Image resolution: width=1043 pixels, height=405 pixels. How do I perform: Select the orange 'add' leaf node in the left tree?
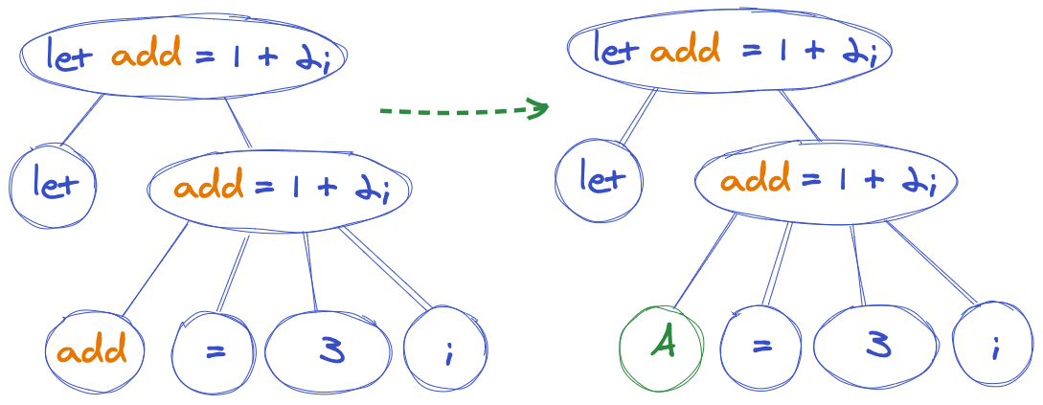pyautogui.click(x=93, y=350)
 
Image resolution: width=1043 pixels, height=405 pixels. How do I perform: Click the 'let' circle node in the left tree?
pyautogui.click(x=53, y=183)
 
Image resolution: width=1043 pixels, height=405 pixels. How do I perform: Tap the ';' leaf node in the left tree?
pyautogui.click(x=446, y=352)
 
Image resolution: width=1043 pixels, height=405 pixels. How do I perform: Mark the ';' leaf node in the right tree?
pyautogui.click(x=994, y=348)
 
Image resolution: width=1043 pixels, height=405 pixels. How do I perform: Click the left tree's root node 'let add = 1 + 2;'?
pyautogui.click(x=182, y=56)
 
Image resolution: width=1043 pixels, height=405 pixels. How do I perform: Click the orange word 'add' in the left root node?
pyautogui.click(x=146, y=56)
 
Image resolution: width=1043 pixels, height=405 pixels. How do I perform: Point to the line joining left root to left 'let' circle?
pyautogui.click(x=82, y=121)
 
